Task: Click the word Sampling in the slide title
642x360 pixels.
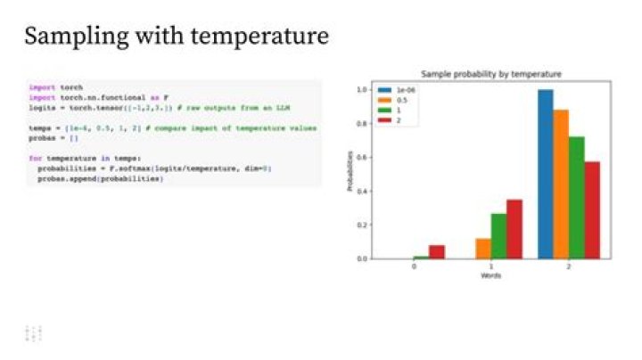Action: (x=66, y=37)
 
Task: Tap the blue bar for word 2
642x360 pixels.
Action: (x=545, y=174)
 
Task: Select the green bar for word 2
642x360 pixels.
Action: (x=576, y=198)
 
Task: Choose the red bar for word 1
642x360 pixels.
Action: (x=514, y=229)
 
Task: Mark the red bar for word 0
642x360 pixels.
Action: (x=436, y=251)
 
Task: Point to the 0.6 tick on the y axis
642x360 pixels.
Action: (x=361, y=157)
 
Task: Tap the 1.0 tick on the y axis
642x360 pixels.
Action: (x=361, y=90)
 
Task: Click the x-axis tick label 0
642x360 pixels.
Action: (x=414, y=266)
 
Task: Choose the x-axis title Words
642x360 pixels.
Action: (x=491, y=275)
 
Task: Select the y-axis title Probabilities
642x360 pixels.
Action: (x=350, y=174)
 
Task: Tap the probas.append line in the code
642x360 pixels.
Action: (x=100, y=178)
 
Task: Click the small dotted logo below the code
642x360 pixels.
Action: (x=34, y=333)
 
